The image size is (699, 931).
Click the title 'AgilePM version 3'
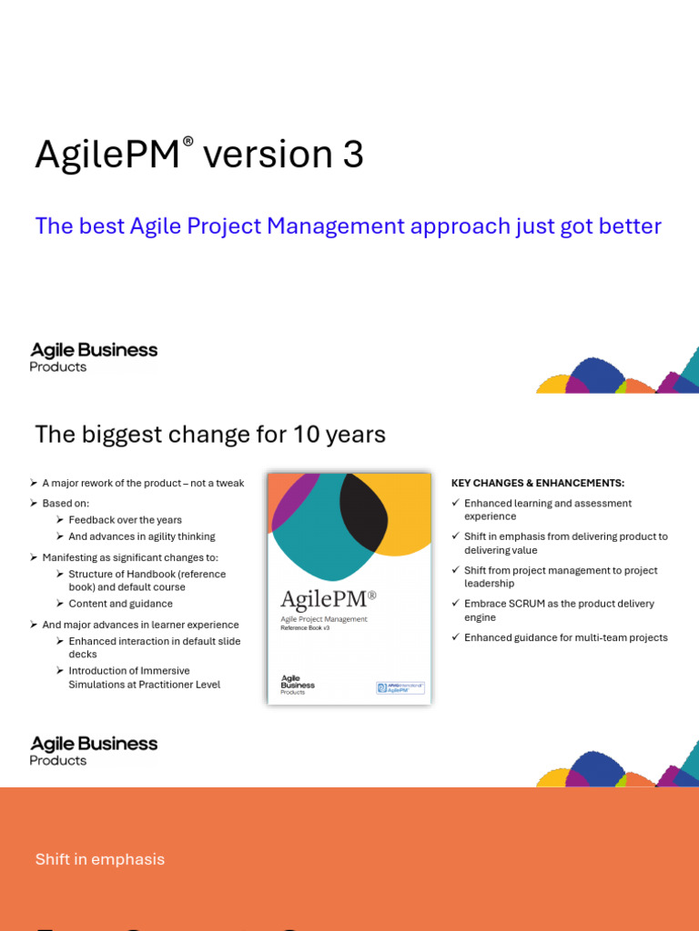click(199, 155)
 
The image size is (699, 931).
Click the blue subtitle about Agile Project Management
click(348, 225)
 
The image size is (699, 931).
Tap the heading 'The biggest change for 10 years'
click(210, 435)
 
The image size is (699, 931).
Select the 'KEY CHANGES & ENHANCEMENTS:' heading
click(537, 483)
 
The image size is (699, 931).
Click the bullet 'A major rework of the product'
click(143, 483)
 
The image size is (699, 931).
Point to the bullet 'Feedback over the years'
click(125, 520)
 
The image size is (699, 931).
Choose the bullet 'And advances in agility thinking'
click(141, 536)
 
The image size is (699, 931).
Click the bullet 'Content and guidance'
click(120, 604)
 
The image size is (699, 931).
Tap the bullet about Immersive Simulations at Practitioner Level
click(144, 677)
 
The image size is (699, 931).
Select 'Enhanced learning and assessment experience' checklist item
click(547, 509)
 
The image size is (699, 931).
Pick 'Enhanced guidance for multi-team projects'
click(565, 637)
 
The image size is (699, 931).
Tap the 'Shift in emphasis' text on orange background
click(100, 859)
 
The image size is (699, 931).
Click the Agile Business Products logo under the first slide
click(94, 357)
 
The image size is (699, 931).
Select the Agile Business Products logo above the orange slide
click(94, 751)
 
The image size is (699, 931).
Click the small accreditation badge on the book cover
click(400, 687)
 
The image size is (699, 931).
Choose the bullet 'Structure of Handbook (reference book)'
click(147, 580)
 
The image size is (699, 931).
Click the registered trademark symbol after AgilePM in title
click(188, 141)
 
